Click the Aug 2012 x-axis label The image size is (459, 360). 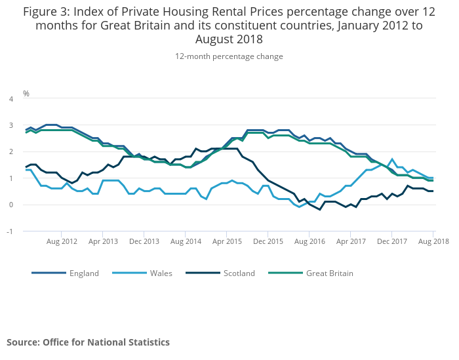click(x=62, y=241)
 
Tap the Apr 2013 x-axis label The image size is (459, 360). click(x=104, y=241)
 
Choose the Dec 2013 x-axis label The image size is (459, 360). click(x=145, y=241)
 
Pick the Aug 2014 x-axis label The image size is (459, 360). click(x=186, y=241)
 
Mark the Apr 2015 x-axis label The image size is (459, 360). click(x=228, y=241)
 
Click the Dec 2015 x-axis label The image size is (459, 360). click(x=268, y=241)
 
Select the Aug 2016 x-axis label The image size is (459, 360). click(x=309, y=241)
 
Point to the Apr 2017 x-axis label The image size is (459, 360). click(x=351, y=241)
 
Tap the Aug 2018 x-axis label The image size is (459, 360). click(x=433, y=241)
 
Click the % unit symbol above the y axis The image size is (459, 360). click(x=26, y=93)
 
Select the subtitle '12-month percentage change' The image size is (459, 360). click(x=229, y=56)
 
